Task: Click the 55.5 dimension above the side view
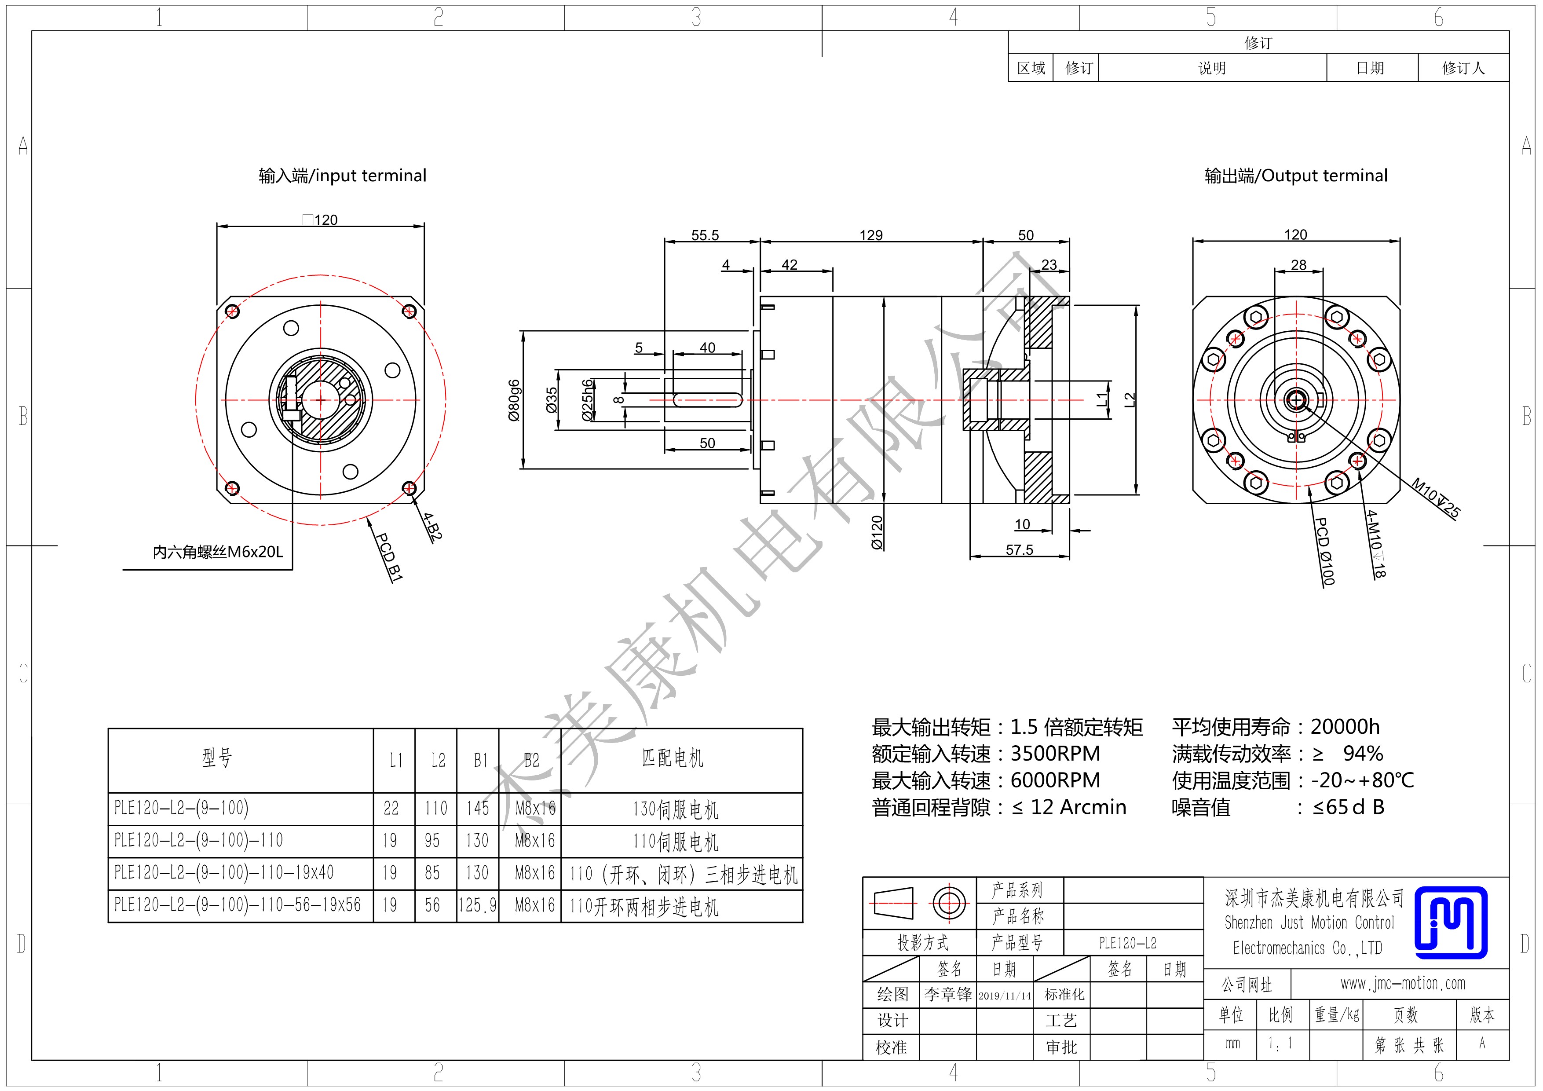pyautogui.click(x=705, y=235)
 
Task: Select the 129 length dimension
pyautogui.click(x=871, y=235)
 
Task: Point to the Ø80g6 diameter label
pyautogui.click(x=514, y=400)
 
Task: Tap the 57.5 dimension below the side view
pyautogui.click(x=1020, y=550)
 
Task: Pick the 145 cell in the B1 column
pyautogui.click(x=478, y=808)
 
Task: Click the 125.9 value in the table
pyautogui.click(x=478, y=905)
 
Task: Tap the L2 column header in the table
pyautogui.click(x=438, y=760)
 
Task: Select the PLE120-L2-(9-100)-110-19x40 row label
pyautogui.click(x=224, y=872)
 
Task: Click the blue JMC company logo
pyautogui.click(x=1451, y=922)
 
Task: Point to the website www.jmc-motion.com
pyautogui.click(x=1403, y=984)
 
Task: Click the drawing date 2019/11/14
pyautogui.click(x=1005, y=996)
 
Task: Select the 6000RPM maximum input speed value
pyautogui.click(x=1055, y=780)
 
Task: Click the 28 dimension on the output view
pyautogui.click(x=1299, y=265)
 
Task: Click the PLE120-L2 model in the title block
pyautogui.click(x=1128, y=943)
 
